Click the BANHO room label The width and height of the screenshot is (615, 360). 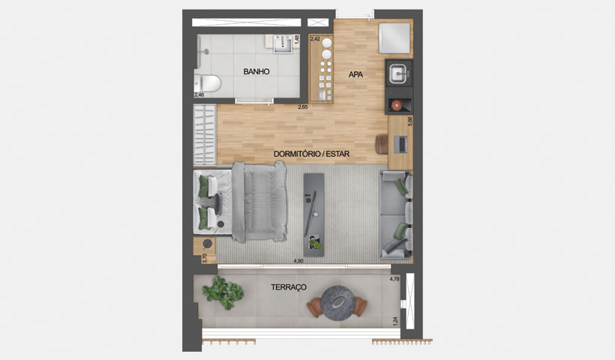pos(256,72)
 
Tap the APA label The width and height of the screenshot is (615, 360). pos(355,74)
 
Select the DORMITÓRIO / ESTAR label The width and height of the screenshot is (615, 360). pos(312,155)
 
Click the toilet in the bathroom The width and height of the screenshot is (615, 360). pos(208,82)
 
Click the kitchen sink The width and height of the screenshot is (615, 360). pos(397,73)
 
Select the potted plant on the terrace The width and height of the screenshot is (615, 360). pos(221,291)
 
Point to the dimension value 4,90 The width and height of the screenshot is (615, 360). pos(298,261)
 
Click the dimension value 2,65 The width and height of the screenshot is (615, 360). pos(303,107)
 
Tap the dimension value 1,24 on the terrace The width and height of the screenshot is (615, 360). pos(395,321)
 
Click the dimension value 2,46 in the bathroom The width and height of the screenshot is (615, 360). pos(199,95)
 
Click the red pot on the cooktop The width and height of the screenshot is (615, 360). pos(397,104)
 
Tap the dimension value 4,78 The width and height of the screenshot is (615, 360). pos(394,279)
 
